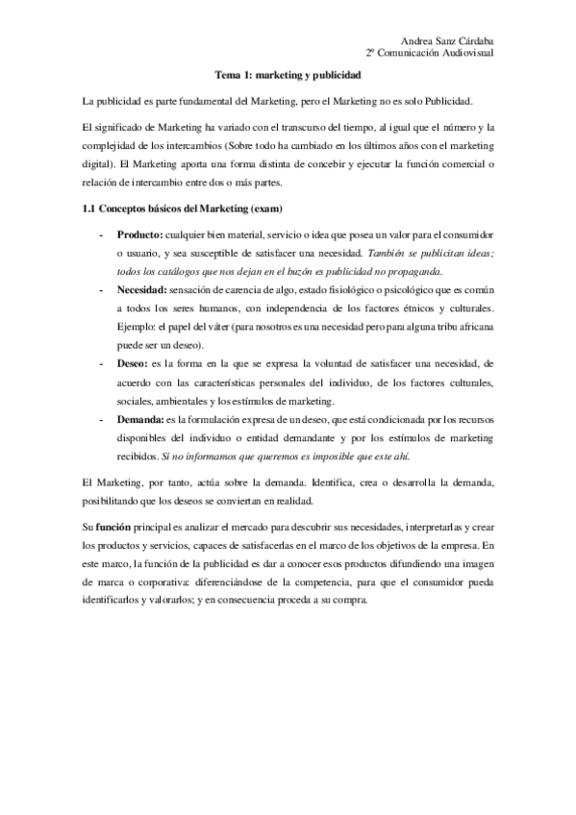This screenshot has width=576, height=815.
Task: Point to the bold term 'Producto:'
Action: (139, 234)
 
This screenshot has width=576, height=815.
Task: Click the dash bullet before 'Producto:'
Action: (101, 234)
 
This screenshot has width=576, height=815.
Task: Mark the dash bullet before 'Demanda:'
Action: (101, 420)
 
